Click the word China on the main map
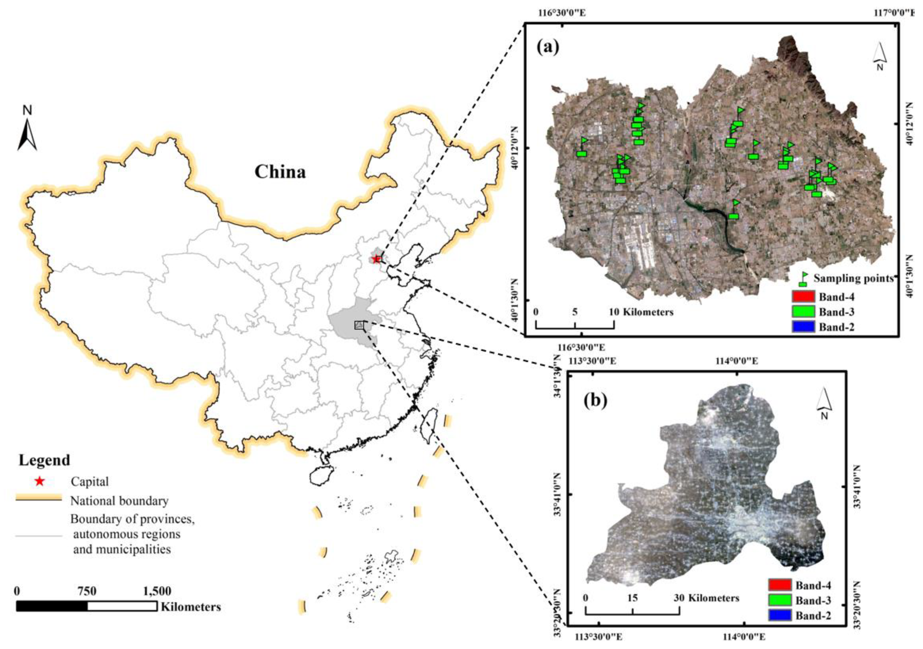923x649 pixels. [280, 172]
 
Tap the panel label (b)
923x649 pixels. [595, 401]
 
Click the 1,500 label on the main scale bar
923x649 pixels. [157, 591]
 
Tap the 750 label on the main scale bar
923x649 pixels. [87, 591]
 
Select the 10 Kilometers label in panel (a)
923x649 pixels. [642, 312]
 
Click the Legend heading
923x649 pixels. [44, 460]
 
